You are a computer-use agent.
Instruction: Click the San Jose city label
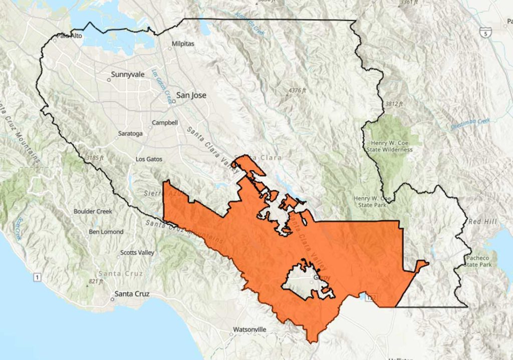(x=191, y=95)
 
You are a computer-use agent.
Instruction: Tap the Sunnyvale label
(x=127, y=75)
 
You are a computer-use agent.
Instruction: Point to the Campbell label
(x=165, y=123)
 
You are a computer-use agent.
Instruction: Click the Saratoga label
(x=131, y=134)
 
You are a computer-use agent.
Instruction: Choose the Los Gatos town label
(x=149, y=159)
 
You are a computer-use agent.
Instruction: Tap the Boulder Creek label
(x=93, y=211)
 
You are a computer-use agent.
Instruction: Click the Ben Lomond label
(x=106, y=232)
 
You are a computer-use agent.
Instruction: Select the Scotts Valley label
(x=137, y=253)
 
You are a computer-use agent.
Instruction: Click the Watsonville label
(x=249, y=329)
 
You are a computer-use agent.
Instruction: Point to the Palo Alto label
(x=69, y=36)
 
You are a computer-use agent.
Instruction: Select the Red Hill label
(x=481, y=221)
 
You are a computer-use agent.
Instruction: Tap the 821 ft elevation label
(x=95, y=281)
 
